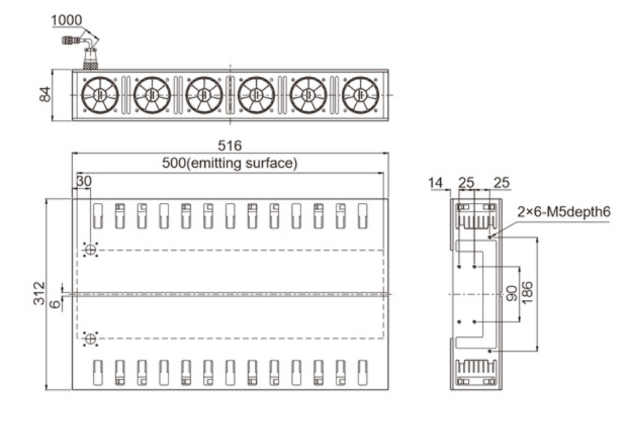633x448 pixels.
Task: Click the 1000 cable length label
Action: click(66, 20)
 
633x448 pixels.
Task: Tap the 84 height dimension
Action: click(45, 94)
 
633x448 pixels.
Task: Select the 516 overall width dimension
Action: click(230, 146)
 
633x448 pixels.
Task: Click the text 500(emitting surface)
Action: click(230, 163)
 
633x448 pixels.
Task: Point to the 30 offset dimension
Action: click(84, 181)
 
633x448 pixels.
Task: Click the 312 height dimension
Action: click(39, 294)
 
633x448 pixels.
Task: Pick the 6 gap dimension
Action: click(55, 303)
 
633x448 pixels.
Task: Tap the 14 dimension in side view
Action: click(435, 183)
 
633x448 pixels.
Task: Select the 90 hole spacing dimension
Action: click(512, 294)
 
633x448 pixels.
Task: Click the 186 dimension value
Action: click(527, 293)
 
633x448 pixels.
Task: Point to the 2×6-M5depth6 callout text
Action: click(564, 212)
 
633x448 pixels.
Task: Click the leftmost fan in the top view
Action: click(100, 95)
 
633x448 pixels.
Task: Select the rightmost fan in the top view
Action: click(361, 95)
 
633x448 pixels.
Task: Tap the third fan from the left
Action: click(204, 95)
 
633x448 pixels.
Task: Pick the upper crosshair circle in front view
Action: click(90, 250)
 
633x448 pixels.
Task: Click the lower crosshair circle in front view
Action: click(90, 339)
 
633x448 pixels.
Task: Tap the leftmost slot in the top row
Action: click(98, 216)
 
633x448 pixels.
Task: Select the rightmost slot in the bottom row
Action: click(363, 373)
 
